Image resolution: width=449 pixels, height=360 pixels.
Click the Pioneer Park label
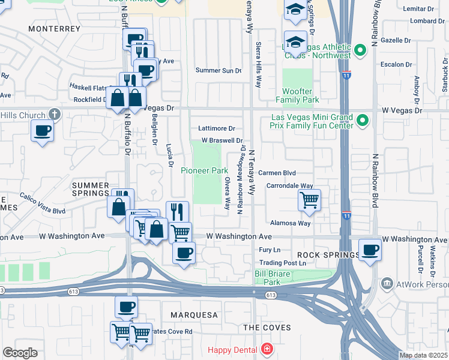tap(204, 171)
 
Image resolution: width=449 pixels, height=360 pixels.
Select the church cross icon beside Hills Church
tap(54, 114)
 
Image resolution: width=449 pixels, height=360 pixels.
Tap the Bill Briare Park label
tap(268, 278)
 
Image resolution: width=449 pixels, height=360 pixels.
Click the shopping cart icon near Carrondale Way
tap(309, 200)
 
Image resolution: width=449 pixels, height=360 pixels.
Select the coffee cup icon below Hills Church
tap(42, 130)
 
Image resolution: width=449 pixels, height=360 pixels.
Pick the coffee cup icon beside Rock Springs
tap(370, 249)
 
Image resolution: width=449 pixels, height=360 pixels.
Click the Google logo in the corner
tap(20, 353)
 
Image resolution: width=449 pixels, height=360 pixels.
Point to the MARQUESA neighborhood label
tap(193, 315)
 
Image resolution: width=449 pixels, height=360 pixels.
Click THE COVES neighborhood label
tap(267, 328)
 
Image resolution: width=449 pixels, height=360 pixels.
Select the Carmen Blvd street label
tap(277, 173)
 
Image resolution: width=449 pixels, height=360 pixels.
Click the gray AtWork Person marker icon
tap(387, 283)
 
